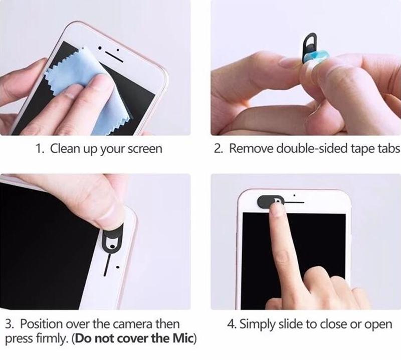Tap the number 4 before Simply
[x=230, y=324]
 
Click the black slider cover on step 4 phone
[x=267, y=201]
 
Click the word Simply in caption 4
[x=255, y=324]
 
